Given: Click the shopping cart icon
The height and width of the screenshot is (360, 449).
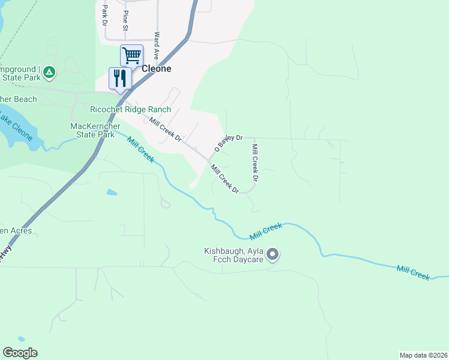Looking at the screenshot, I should click(x=131, y=56).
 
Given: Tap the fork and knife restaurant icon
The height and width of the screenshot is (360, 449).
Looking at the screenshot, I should click(x=120, y=79).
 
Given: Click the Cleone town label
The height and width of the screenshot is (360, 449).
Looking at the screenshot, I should click(x=156, y=68).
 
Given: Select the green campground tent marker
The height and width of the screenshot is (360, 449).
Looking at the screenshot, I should click(x=50, y=73).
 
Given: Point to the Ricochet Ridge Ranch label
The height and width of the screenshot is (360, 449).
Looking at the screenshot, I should click(x=130, y=110).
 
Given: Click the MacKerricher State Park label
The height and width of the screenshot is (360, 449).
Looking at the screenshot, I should click(x=92, y=130).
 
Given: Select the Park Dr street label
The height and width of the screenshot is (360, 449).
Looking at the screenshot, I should click(x=104, y=15).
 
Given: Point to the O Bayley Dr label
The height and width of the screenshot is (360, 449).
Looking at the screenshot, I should click(x=228, y=142).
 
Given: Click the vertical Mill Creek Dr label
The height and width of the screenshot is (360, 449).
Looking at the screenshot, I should click(x=255, y=163).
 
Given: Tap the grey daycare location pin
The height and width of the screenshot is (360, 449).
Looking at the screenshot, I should click(x=273, y=255).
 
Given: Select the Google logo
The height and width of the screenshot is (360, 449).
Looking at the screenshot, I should click(x=20, y=353).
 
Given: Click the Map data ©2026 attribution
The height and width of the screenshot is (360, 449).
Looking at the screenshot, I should click(x=424, y=355).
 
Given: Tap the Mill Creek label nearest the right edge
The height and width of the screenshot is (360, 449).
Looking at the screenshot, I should click(x=413, y=272).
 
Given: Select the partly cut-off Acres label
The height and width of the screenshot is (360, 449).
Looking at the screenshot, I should click(x=16, y=230).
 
